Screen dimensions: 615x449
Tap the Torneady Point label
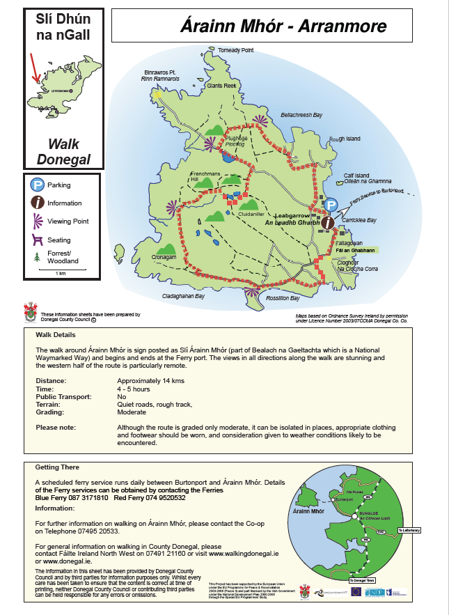click(x=236, y=51)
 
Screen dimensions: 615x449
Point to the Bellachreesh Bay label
click(x=301, y=114)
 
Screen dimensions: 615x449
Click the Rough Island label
click(x=345, y=139)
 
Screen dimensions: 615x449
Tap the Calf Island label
click(x=356, y=176)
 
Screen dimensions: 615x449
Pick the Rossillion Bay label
click(x=283, y=298)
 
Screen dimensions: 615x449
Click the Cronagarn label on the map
click(x=164, y=256)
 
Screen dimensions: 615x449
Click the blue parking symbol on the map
click(x=332, y=205)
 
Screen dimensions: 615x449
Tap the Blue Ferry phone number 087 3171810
click(x=83, y=498)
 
